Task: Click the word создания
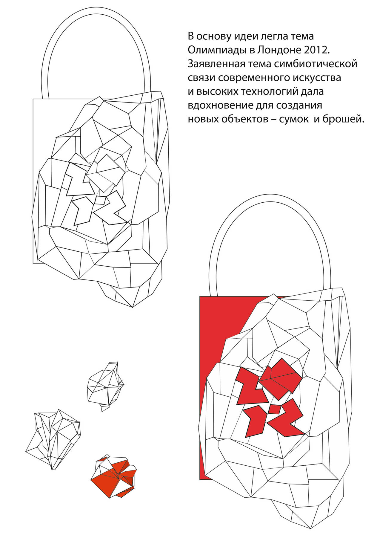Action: (x=299, y=106)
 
